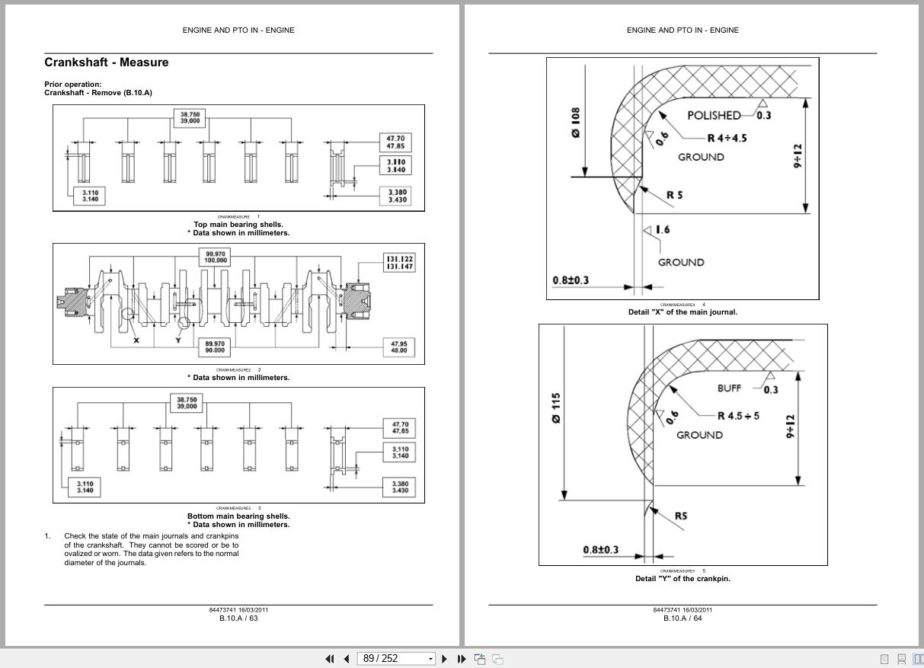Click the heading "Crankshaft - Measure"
click(x=106, y=62)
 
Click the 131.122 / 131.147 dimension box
click(x=399, y=263)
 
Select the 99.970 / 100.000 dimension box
click(x=216, y=257)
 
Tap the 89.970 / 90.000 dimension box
click(x=216, y=347)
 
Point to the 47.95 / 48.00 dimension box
click(x=398, y=347)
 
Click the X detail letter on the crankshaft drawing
click(x=136, y=340)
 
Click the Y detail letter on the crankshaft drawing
click(x=178, y=340)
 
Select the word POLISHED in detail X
click(x=714, y=116)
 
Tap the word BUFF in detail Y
click(x=729, y=388)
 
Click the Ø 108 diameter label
click(x=576, y=122)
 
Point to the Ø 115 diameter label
click(x=557, y=408)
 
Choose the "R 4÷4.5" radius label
click(x=727, y=138)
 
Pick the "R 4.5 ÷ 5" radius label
click(x=738, y=416)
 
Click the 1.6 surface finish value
click(x=662, y=229)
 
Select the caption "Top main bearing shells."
click(x=238, y=225)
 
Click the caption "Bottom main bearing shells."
click(x=238, y=516)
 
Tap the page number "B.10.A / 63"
click(x=238, y=618)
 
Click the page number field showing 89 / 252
click(x=392, y=659)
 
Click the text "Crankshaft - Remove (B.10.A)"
click(x=98, y=93)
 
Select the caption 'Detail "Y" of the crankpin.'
click(x=683, y=579)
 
